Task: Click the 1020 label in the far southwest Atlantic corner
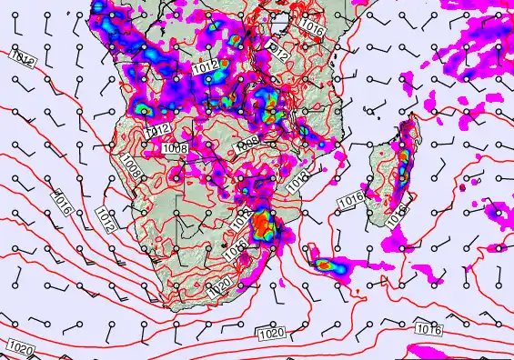coord(20,346)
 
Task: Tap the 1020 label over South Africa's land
coord(218,290)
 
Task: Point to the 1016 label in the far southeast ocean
coord(428,328)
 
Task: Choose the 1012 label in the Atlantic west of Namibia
coord(104,218)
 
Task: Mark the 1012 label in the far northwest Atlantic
coord(22,58)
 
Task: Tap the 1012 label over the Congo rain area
coord(206,65)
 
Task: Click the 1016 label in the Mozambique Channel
coord(350,197)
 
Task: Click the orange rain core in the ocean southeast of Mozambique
coord(325,265)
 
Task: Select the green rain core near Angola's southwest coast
coord(144,110)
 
